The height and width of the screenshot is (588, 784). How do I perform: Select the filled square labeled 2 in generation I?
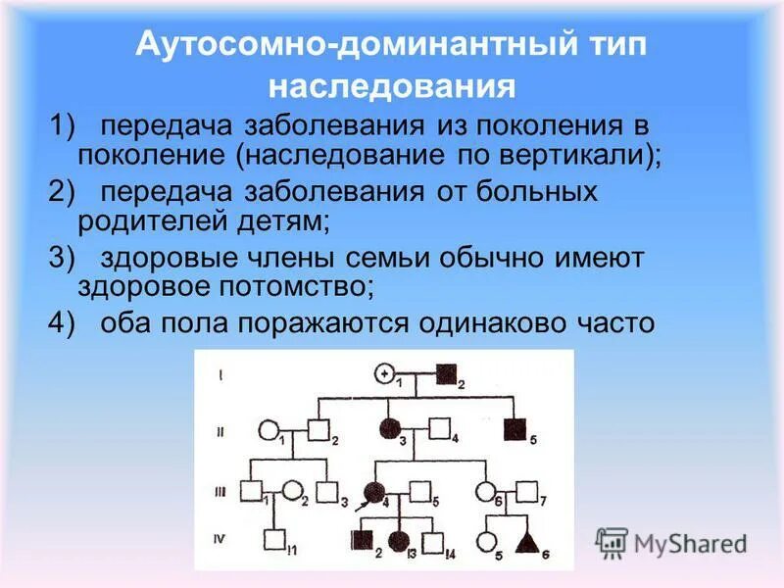(x=446, y=372)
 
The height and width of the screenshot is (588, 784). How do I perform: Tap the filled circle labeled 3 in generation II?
(x=389, y=428)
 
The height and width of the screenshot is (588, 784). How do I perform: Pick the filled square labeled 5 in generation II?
(x=513, y=428)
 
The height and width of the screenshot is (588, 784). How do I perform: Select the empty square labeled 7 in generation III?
(x=527, y=491)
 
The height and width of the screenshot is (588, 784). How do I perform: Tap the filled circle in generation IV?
(x=399, y=540)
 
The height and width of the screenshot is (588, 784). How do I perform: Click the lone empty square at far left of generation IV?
(x=278, y=540)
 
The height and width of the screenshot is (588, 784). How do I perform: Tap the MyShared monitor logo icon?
(x=612, y=541)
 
